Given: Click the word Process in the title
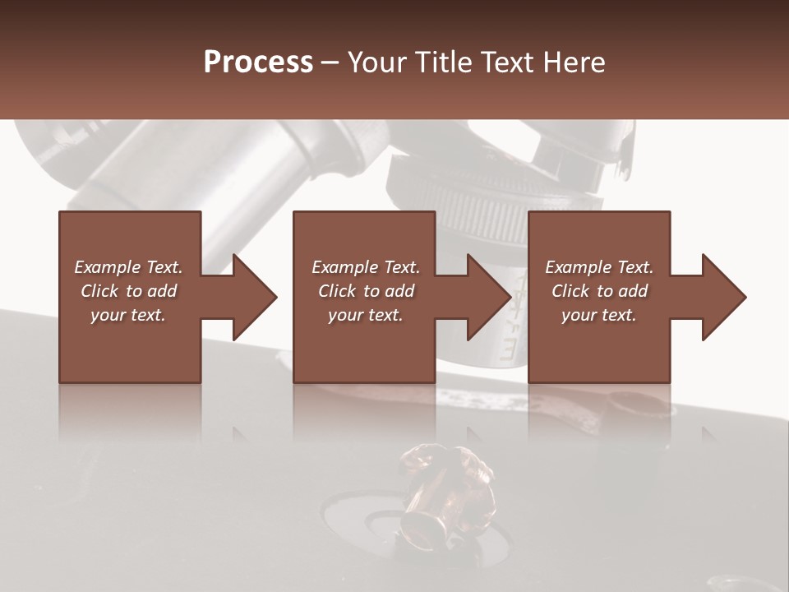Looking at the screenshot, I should [x=258, y=62].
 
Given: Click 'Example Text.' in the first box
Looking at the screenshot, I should [x=128, y=267].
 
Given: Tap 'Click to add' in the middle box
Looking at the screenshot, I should [x=366, y=291].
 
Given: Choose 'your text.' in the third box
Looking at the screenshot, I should [x=599, y=315].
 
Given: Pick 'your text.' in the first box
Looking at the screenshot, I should [x=128, y=315].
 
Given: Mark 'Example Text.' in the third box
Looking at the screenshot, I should [x=599, y=267].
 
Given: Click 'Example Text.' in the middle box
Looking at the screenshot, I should [x=366, y=267].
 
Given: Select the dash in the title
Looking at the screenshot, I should [x=330, y=63].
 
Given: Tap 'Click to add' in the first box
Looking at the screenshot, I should [x=128, y=291].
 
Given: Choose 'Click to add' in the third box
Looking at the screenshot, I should [x=599, y=291].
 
